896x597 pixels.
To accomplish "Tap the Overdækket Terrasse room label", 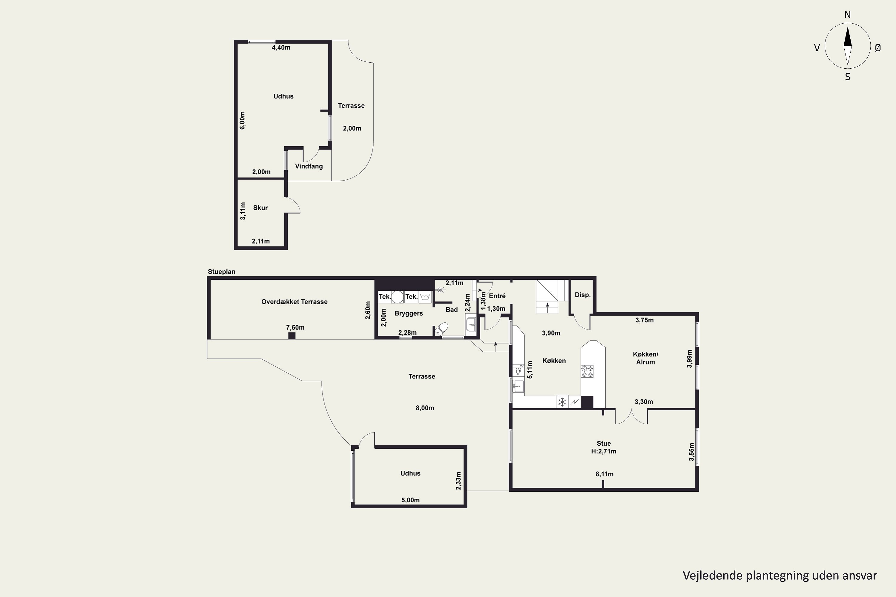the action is [294, 302].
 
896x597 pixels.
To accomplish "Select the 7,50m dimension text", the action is [295, 327].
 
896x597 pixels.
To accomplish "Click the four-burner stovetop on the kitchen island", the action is [587, 371].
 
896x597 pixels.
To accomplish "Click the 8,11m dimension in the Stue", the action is [605, 474].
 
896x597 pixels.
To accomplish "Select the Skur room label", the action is [260, 208].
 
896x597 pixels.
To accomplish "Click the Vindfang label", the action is [309, 166].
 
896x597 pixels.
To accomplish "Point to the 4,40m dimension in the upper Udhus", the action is [281, 47].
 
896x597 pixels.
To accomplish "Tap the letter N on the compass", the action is [848, 15].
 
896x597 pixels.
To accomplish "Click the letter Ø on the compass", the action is [878, 47].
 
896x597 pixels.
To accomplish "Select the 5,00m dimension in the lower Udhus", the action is [410, 500].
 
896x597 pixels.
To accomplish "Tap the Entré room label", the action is [497, 296].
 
